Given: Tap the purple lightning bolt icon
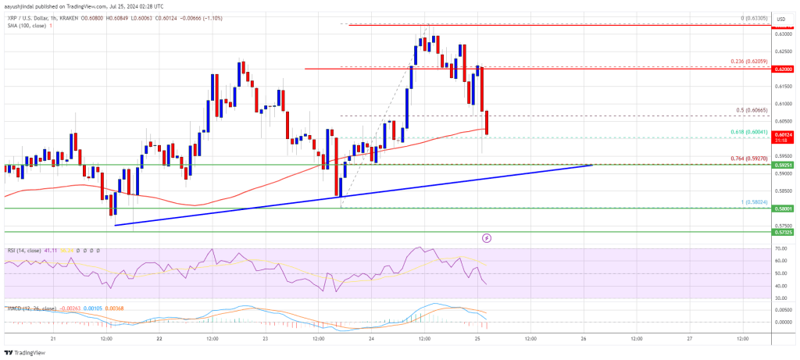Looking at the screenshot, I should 487,237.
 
